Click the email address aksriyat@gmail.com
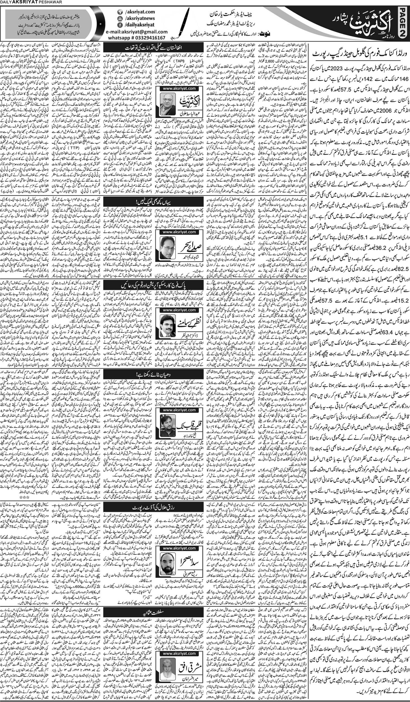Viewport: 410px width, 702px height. (133, 32)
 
